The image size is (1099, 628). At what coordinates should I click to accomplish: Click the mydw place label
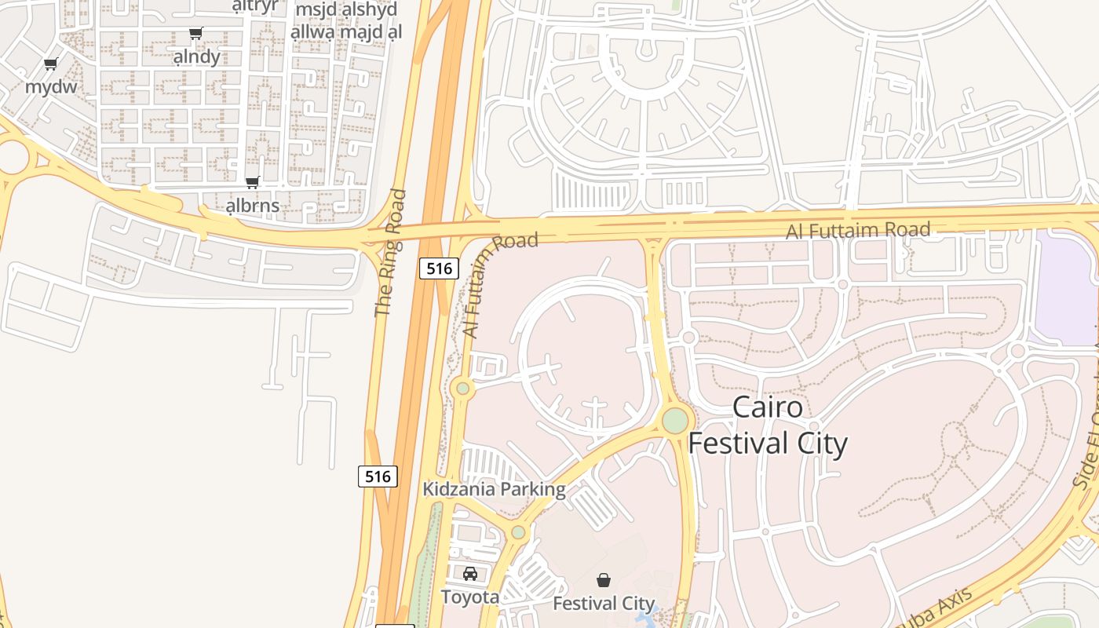point(51,86)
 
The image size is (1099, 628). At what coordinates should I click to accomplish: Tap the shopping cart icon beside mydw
point(51,64)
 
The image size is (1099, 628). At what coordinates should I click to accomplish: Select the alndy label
point(196,57)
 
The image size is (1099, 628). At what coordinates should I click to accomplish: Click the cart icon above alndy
point(196,34)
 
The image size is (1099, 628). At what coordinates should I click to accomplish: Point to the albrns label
point(252,206)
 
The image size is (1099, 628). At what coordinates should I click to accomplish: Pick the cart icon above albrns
point(252,183)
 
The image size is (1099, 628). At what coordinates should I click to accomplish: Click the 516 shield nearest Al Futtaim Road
point(439,268)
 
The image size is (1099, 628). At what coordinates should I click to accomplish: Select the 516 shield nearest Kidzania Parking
point(378,476)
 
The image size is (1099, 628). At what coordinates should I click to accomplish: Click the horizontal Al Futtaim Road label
point(858,230)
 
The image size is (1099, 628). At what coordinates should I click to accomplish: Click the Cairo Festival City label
point(768,425)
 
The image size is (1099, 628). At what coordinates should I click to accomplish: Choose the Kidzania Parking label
point(494,489)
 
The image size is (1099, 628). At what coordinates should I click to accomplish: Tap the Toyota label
point(469,597)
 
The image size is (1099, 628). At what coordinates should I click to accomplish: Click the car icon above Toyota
point(469,574)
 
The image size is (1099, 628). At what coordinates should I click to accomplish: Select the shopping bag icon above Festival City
point(604,580)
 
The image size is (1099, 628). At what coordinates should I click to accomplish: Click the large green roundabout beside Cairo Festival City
point(675,421)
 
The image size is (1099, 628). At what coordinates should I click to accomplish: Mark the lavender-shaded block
point(1065,287)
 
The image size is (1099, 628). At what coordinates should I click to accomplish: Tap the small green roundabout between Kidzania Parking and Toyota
point(518,532)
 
